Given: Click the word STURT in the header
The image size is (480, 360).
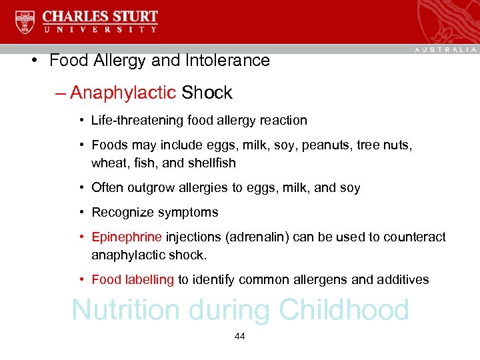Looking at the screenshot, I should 131,16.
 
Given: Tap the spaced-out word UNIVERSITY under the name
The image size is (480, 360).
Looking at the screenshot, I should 101,29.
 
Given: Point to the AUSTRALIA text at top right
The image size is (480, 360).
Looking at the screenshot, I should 445,50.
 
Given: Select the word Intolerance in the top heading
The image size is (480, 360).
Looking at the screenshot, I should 231,61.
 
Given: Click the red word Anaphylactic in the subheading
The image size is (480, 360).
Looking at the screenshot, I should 122,93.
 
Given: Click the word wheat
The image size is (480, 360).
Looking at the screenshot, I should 107,163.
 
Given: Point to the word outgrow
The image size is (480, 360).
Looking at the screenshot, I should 148,188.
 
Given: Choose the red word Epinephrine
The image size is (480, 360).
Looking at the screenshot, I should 127,237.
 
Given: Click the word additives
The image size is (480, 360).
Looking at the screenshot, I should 403,280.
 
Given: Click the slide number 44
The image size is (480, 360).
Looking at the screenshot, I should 240,337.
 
